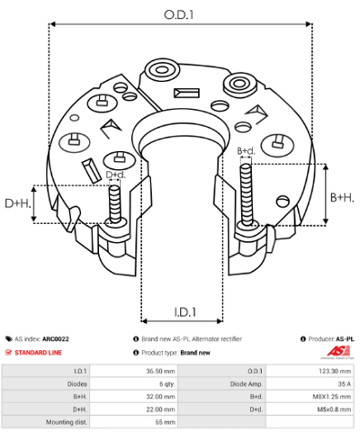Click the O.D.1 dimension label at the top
click(x=178, y=14)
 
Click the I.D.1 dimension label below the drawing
click(x=185, y=312)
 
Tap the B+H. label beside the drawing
click(x=342, y=198)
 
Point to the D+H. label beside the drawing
click(x=18, y=203)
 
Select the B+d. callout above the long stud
click(x=247, y=151)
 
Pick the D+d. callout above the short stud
click(x=116, y=175)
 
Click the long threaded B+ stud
click(x=246, y=195)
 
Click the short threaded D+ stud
click(x=114, y=204)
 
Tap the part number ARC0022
click(x=56, y=339)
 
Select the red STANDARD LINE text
click(x=38, y=353)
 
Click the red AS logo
click(x=338, y=351)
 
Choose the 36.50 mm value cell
click(x=133, y=372)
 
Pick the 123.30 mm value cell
click(x=310, y=372)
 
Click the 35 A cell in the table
click(x=310, y=384)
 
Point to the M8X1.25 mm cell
click(x=310, y=397)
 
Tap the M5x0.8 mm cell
click(x=310, y=409)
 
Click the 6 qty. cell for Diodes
click(x=133, y=384)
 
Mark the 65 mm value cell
click(x=133, y=422)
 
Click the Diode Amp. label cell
click(x=221, y=384)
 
